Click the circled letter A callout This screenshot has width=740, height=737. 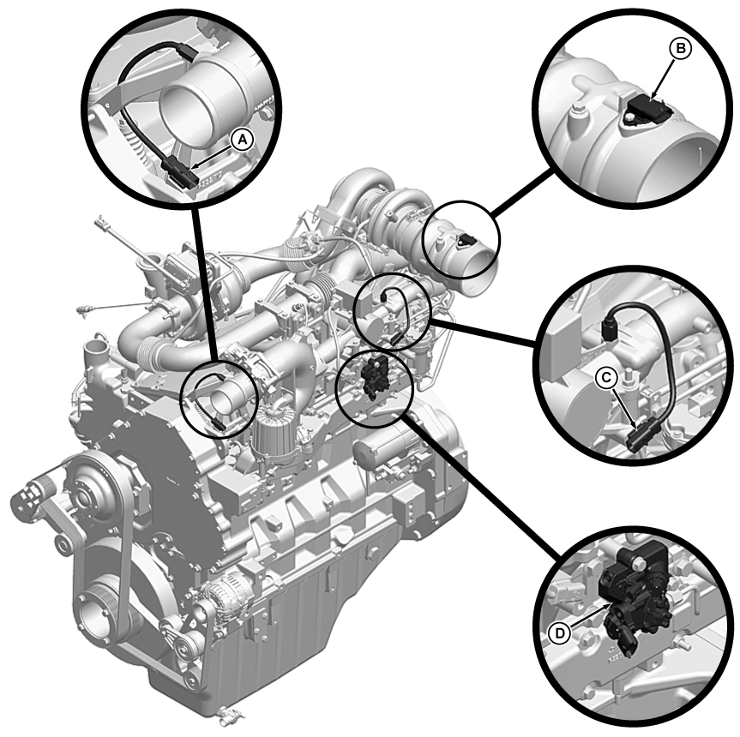tap(243, 140)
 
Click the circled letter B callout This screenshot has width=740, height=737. tap(680, 49)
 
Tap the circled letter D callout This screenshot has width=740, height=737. tap(560, 632)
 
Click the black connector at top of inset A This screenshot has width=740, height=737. tap(186, 50)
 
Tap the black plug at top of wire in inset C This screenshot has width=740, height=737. tap(611, 327)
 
